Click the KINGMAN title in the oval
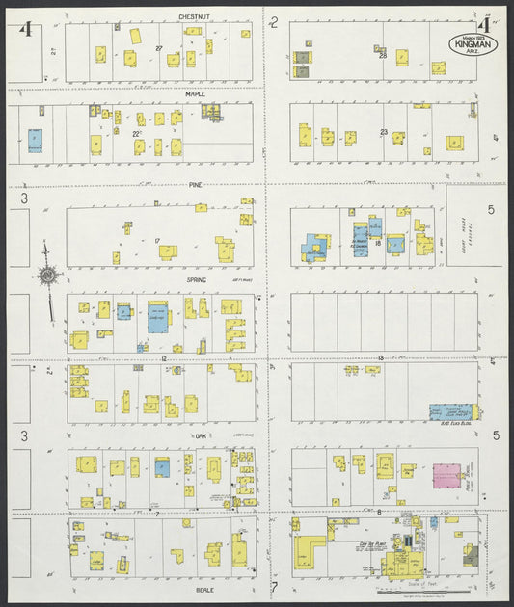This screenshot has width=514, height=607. [x=473, y=44]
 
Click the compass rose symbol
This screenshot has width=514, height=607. [x=45, y=277]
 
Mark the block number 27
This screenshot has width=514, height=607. [x=159, y=48]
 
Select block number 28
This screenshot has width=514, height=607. [x=383, y=56]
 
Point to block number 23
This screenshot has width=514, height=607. [x=384, y=132]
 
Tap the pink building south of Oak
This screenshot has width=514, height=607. [x=446, y=477]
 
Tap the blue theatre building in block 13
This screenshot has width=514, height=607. [x=449, y=411]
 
